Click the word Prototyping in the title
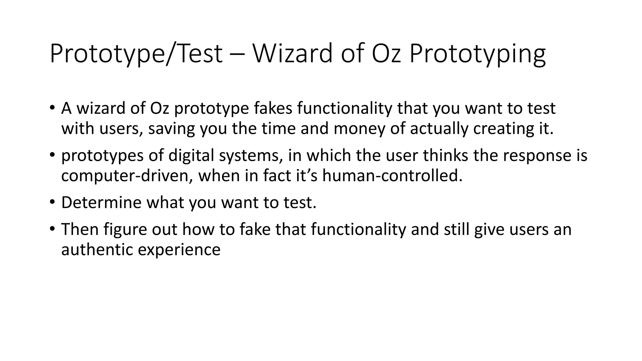tap(477, 54)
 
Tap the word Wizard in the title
tap(292, 54)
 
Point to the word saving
tap(171, 129)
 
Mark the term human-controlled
tap(392, 176)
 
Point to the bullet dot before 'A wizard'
tap(52, 107)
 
